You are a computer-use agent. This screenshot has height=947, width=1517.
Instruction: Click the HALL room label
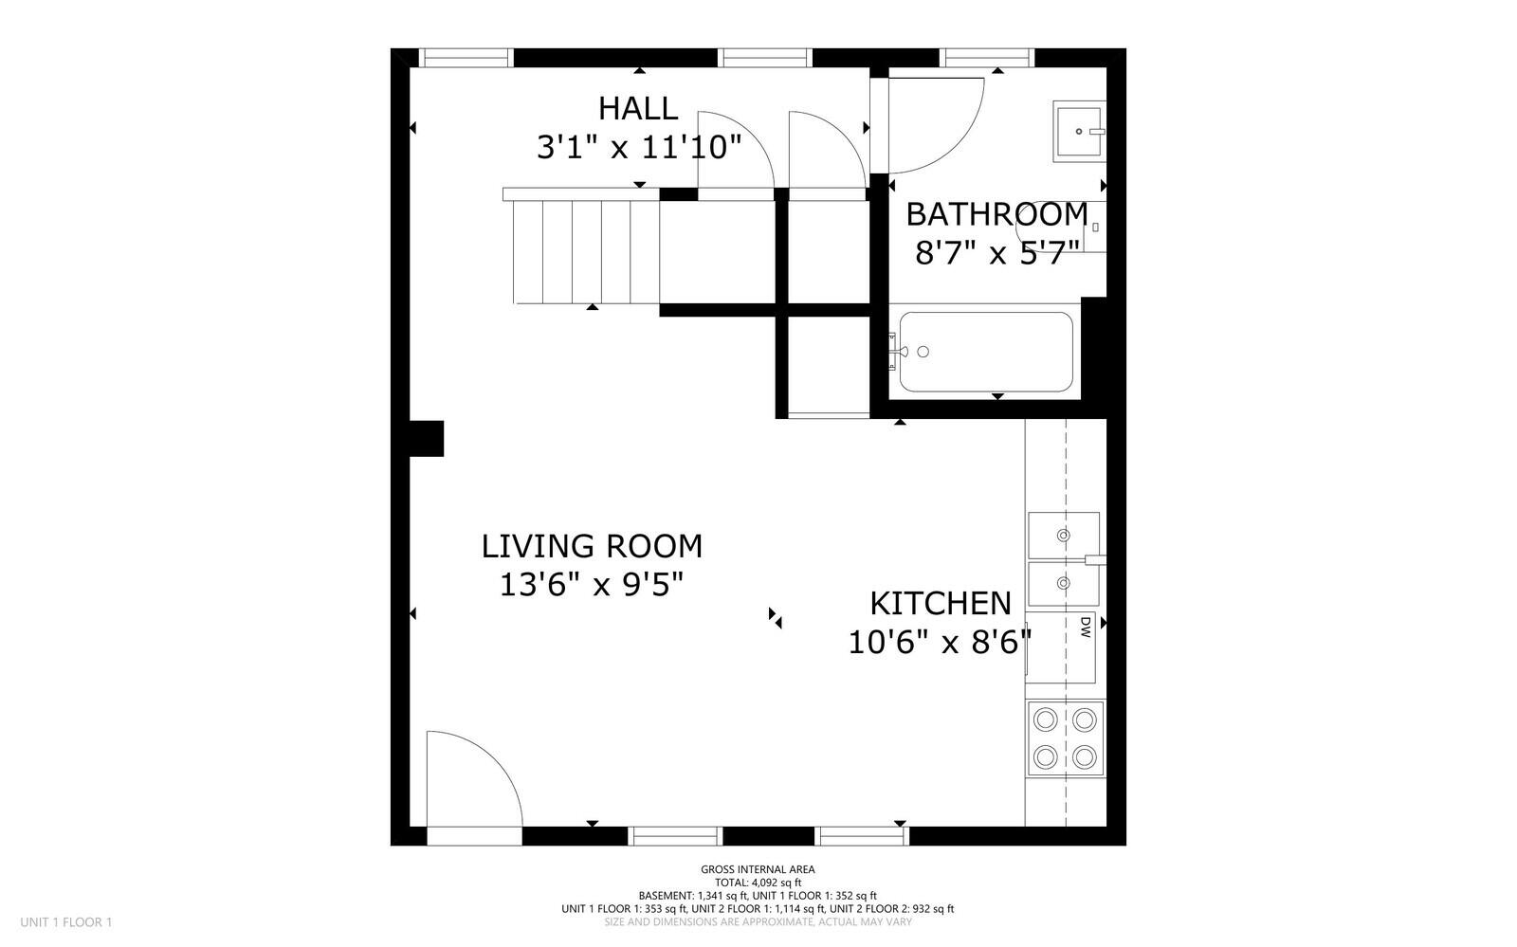tap(638, 108)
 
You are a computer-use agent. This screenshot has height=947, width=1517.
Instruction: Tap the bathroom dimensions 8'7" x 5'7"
tap(997, 253)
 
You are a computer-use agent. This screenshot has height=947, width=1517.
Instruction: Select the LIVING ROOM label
tap(592, 546)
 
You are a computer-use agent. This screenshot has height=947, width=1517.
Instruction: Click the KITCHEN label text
tap(941, 603)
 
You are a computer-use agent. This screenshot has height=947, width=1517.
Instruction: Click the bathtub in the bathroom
tap(986, 352)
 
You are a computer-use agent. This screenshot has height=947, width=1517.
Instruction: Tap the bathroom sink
tap(1078, 131)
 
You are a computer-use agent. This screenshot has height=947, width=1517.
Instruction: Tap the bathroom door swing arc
tap(934, 123)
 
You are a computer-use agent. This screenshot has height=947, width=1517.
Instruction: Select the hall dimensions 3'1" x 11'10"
tap(638, 147)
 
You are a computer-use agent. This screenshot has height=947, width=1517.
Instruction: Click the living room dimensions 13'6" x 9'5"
tap(592, 585)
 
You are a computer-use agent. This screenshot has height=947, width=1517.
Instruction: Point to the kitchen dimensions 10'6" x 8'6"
tap(939, 643)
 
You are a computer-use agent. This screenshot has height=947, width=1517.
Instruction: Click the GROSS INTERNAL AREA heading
tap(758, 869)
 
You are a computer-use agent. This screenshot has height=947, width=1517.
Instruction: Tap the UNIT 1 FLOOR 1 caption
tap(66, 921)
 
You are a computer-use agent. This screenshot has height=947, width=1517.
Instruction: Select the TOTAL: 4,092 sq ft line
tap(758, 882)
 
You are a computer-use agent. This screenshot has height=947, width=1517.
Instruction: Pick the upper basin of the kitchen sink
tap(1063, 535)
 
